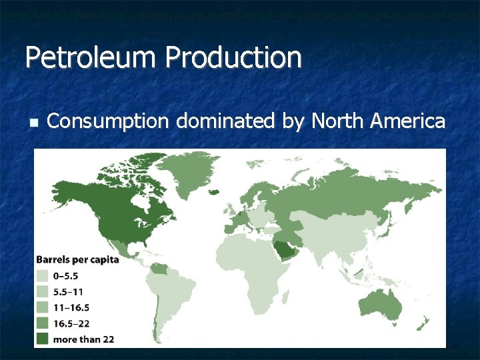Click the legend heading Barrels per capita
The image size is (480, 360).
[77, 259]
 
